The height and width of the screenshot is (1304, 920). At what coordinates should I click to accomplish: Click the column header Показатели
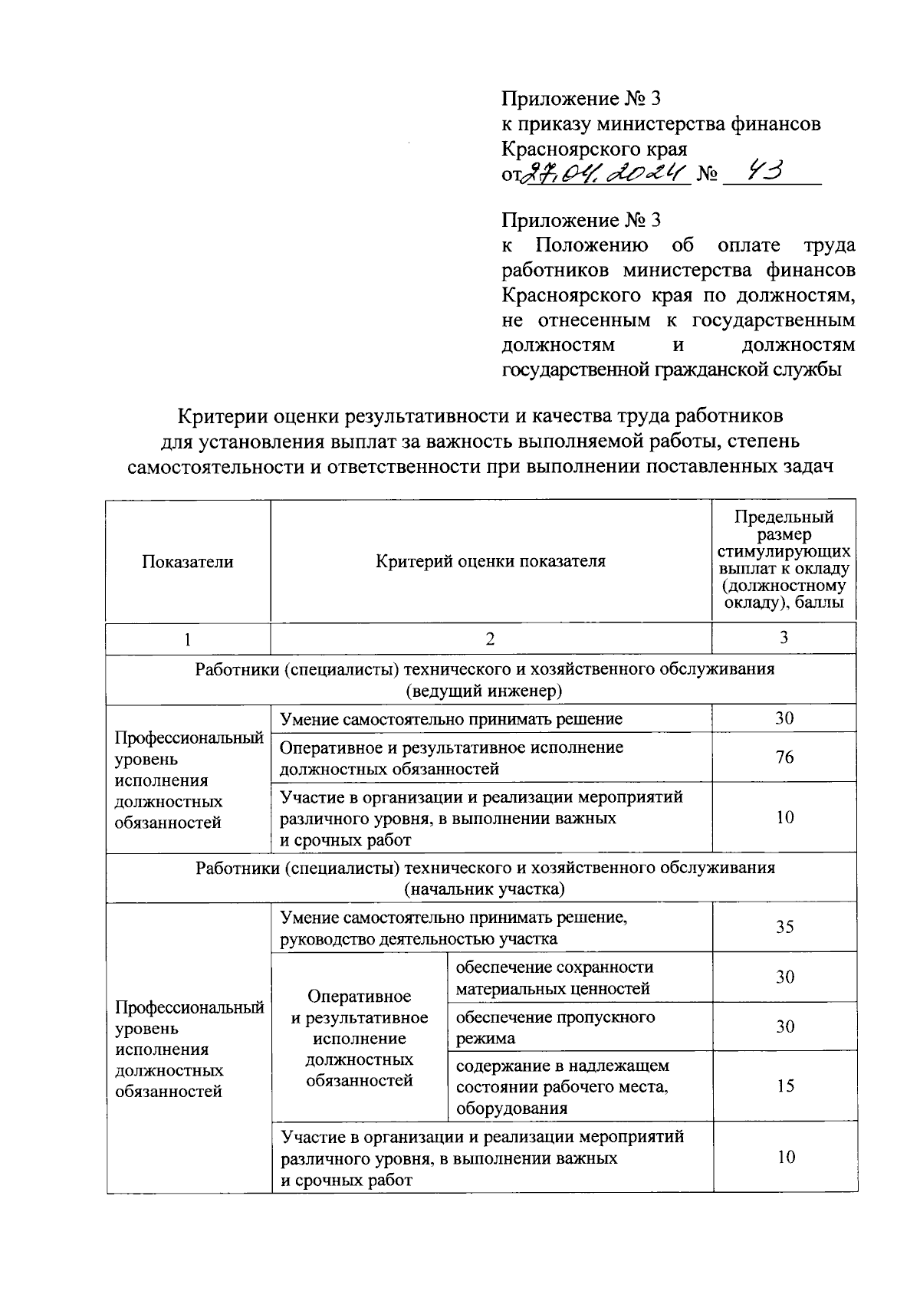click(x=188, y=561)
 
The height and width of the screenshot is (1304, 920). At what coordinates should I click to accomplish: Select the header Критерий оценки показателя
click(x=491, y=561)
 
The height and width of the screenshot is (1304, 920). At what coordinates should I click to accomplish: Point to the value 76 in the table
click(x=784, y=757)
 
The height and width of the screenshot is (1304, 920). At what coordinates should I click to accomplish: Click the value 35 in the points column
click(x=784, y=927)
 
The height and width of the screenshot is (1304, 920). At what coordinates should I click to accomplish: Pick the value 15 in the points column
click(x=785, y=1086)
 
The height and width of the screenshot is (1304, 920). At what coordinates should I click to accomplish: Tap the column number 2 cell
click(x=491, y=638)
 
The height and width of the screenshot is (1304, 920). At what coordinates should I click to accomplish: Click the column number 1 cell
click(x=188, y=638)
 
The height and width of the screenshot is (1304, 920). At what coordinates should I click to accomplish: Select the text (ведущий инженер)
click(x=485, y=691)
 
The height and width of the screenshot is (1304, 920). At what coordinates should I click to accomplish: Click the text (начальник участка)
click(x=485, y=889)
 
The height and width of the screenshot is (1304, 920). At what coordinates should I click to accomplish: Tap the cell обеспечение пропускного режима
click(x=556, y=1027)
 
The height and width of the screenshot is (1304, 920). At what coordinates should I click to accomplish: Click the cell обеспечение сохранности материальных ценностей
click(x=556, y=977)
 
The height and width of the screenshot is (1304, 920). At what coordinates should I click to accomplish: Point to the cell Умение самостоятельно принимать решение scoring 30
click(x=452, y=719)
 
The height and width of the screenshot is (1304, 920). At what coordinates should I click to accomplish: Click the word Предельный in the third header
click(x=784, y=517)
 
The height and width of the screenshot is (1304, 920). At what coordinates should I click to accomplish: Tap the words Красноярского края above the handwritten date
click(x=594, y=149)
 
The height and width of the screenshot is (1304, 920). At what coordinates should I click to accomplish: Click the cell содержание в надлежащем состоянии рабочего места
click(x=562, y=1086)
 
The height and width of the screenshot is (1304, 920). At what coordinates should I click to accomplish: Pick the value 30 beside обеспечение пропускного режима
click(x=785, y=1027)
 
